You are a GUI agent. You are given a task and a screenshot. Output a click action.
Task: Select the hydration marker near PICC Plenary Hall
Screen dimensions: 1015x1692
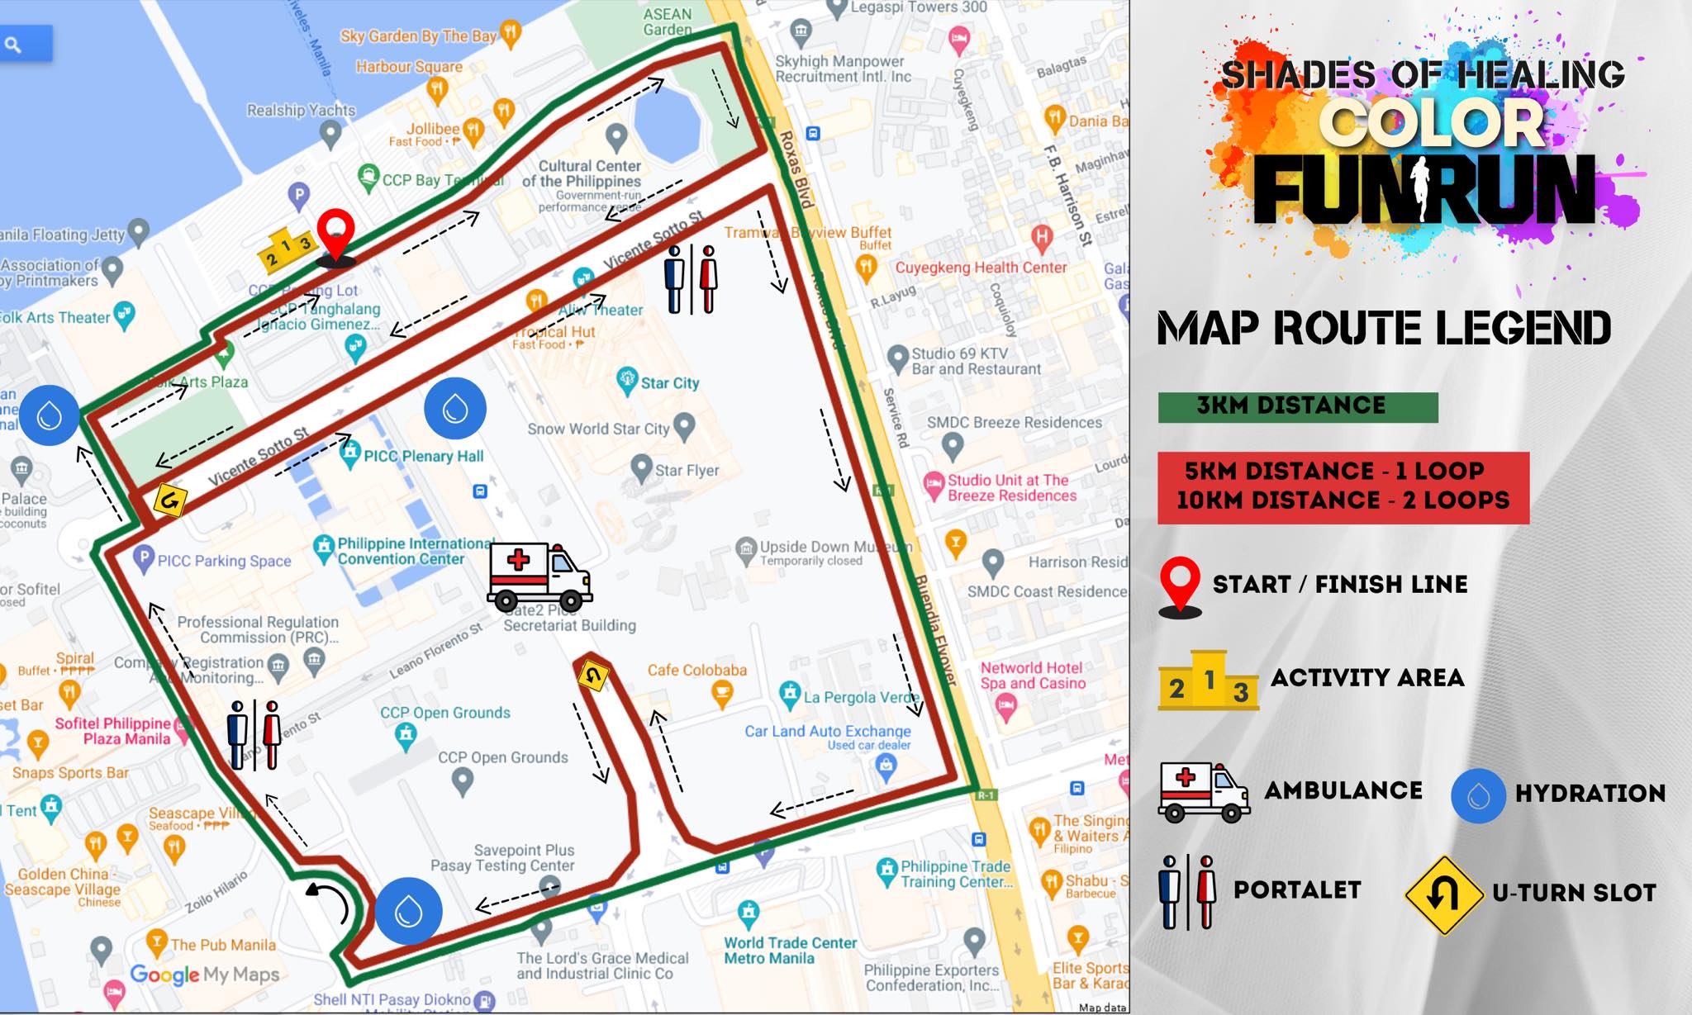click(455, 408)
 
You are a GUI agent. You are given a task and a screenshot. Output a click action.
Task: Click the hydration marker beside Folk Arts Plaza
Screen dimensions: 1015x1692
click(50, 415)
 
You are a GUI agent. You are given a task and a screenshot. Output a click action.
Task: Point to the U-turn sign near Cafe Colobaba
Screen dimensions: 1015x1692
click(592, 676)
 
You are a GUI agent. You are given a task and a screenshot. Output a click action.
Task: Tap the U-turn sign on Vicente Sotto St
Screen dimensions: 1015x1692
click(170, 500)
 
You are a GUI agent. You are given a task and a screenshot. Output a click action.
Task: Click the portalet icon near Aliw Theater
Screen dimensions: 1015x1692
click(691, 279)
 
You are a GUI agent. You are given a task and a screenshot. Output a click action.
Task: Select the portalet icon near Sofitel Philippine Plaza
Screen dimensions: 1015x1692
click(254, 735)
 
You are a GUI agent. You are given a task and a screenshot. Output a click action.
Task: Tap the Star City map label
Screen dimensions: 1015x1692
click(669, 383)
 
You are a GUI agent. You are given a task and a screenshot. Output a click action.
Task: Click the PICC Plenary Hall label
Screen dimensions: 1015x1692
click(423, 456)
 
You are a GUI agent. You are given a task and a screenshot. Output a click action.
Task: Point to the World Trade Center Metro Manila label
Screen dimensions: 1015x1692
click(789, 950)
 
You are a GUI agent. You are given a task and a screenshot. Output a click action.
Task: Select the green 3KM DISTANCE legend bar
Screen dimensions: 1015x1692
click(1297, 407)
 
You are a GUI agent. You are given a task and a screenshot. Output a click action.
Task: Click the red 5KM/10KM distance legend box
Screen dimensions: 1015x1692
click(1343, 487)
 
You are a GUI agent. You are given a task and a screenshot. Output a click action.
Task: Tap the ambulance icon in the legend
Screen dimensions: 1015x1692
click(1204, 791)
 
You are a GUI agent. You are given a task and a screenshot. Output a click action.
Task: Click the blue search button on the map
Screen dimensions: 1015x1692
click(25, 44)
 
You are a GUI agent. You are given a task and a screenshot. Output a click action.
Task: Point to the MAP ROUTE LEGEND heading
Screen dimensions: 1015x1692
click(1384, 329)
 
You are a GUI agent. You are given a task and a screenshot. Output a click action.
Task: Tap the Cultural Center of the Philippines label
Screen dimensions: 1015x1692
click(589, 173)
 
